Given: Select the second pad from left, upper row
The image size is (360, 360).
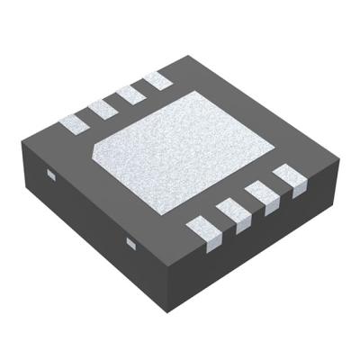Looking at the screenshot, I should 102,105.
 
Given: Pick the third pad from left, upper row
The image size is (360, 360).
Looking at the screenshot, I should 131,94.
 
